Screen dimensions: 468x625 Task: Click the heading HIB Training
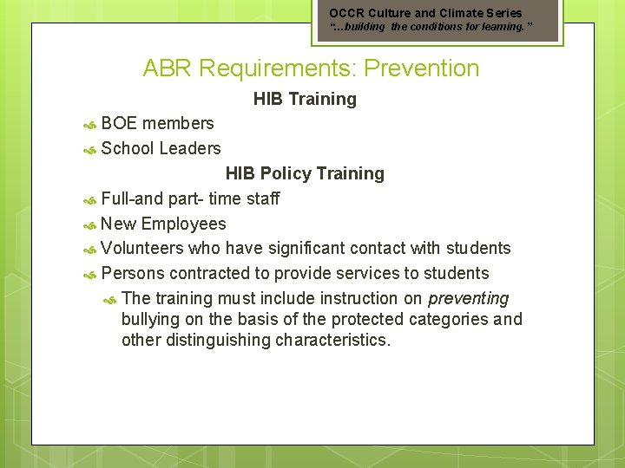click(x=305, y=99)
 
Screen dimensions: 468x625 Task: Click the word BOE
click(x=119, y=123)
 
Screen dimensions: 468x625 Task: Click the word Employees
click(x=183, y=224)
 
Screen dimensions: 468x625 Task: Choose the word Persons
click(x=133, y=273)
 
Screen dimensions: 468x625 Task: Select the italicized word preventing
click(x=469, y=298)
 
